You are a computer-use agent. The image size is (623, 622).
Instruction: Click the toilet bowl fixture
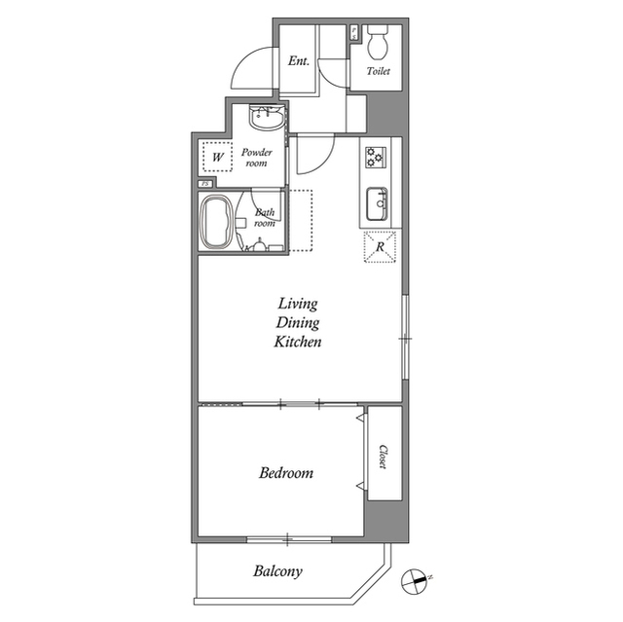point(378,42)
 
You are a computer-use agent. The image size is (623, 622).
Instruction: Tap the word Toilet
point(378,71)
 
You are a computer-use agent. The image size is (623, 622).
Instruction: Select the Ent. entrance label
point(299,60)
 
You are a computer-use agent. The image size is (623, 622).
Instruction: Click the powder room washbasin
point(267,117)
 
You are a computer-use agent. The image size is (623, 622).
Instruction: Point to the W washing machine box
point(217,157)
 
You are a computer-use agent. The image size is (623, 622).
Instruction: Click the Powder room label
point(257,158)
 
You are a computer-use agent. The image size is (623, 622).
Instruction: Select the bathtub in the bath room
point(216,223)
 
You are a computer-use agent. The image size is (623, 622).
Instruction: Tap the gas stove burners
point(376,157)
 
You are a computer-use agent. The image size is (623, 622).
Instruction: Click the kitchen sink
point(377,203)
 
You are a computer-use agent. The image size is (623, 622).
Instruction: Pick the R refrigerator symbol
point(380,246)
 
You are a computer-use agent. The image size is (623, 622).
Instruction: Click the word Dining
point(298,322)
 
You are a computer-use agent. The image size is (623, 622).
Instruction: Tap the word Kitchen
point(298,342)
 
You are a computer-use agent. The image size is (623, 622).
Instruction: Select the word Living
point(298,304)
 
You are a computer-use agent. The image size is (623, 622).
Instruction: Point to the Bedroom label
point(286,473)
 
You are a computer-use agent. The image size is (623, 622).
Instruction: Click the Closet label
point(384,457)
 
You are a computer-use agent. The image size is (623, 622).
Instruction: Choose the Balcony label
point(277,571)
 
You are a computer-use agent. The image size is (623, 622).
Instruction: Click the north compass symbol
point(416,581)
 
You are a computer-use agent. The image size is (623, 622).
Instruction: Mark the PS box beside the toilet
point(354,33)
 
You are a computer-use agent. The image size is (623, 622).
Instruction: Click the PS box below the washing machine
point(205,184)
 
